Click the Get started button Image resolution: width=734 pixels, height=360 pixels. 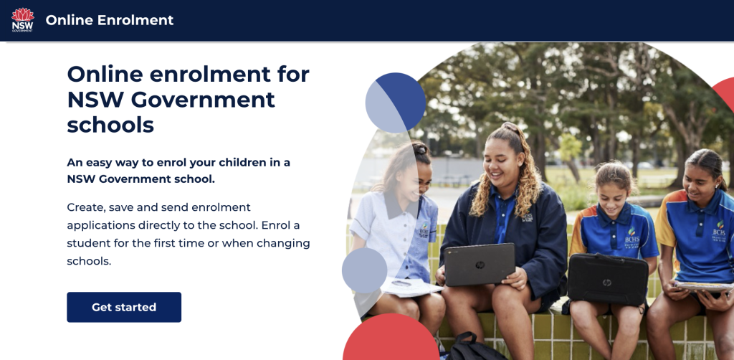pos(124,307)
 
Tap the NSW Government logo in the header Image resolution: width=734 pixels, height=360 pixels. pos(22,19)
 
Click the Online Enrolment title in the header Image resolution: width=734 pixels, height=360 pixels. pos(110,20)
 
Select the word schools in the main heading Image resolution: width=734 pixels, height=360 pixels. pos(110,125)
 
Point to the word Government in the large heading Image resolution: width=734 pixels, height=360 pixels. pos(203,99)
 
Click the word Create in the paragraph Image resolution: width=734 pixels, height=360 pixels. pos(83,207)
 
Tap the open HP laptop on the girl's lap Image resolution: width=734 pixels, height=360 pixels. pos(480,265)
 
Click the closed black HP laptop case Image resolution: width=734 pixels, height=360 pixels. pos(608,280)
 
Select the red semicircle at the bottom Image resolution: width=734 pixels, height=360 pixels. pos(391,338)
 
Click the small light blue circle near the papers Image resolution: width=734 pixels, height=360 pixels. pos(364,270)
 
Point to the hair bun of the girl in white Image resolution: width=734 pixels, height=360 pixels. pos(421,148)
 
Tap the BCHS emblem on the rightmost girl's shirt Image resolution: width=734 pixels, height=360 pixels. pos(718,230)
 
